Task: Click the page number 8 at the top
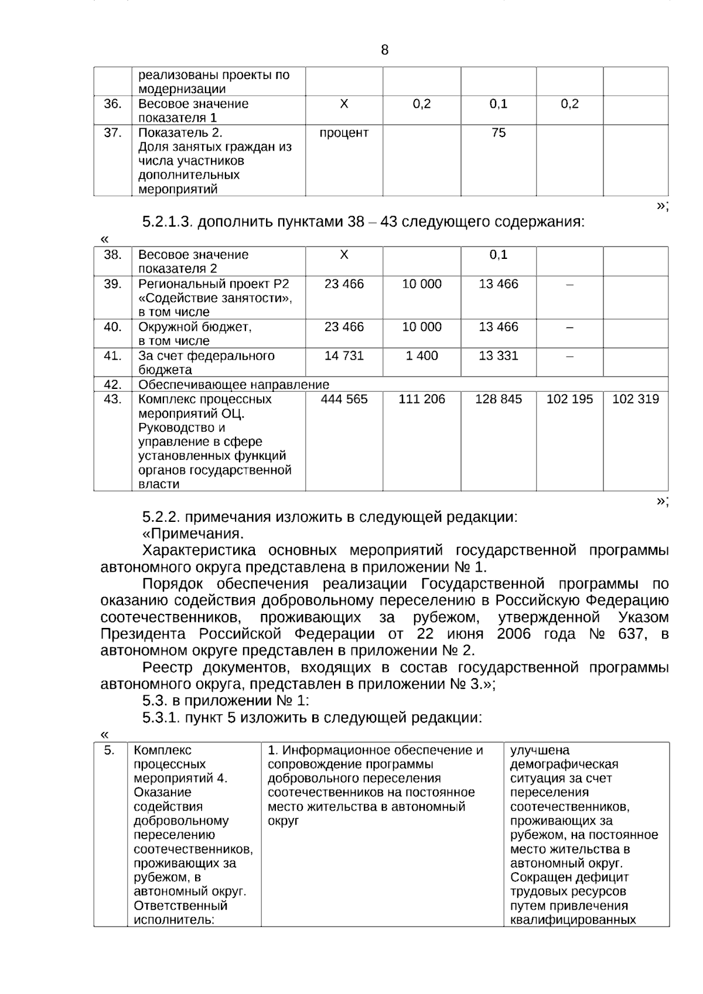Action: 384,50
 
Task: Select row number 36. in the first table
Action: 112,104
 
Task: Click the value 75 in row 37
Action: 499,133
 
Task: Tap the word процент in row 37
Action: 344,133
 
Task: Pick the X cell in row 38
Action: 344,255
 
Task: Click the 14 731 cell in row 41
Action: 344,356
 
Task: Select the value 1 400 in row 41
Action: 422,356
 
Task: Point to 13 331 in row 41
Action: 499,356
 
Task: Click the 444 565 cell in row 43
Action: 344,399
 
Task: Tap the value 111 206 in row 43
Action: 422,399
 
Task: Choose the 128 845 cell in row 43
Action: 499,399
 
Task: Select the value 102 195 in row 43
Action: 569,399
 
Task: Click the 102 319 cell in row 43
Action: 636,399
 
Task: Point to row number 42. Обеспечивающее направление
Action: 112,385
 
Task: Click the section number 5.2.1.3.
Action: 168,223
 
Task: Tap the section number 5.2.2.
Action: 162,517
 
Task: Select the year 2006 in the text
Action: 514,634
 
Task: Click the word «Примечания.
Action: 193,534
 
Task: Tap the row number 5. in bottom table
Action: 109,750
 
